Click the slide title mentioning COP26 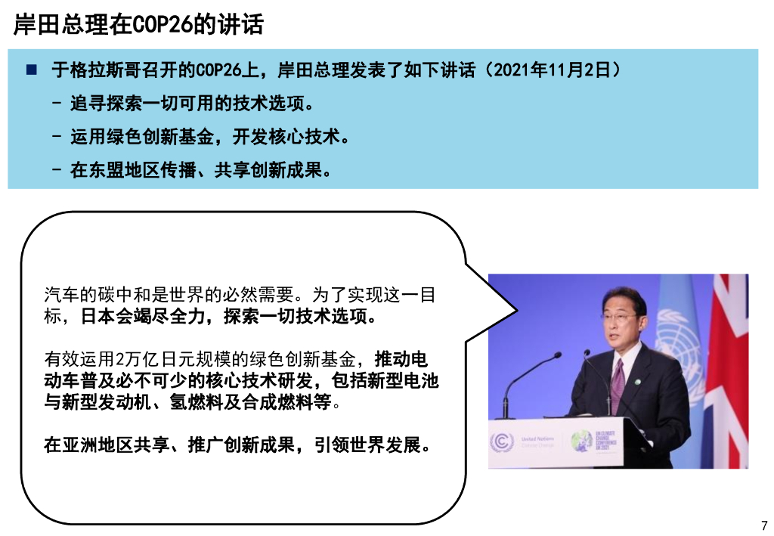[x=139, y=25]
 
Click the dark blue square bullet [x=31, y=70]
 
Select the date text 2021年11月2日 [x=553, y=70]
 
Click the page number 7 [x=763, y=525]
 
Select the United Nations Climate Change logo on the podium [x=522, y=442]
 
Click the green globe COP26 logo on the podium [x=583, y=441]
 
